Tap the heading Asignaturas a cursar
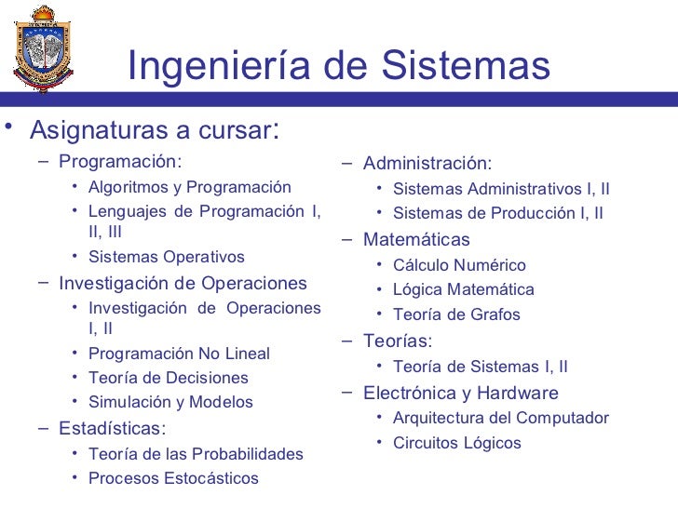(x=154, y=128)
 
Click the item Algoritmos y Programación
(x=189, y=187)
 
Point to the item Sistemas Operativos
(x=166, y=257)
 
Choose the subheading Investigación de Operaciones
(x=183, y=283)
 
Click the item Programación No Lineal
(x=179, y=354)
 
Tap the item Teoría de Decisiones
(x=168, y=378)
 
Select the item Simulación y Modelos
(x=170, y=402)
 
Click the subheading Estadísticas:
(x=113, y=428)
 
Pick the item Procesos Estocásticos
(x=173, y=478)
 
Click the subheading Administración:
(x=427, y=164)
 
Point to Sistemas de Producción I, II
(x=497, y=213)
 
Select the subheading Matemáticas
(x=416, y=239)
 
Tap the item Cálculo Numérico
(x=459, y=265)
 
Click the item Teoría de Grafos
(x=456, y=314)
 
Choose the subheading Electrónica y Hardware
(x=461, y=393)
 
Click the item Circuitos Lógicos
(x=456, y=443)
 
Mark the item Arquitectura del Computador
(x=500, y=418)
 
